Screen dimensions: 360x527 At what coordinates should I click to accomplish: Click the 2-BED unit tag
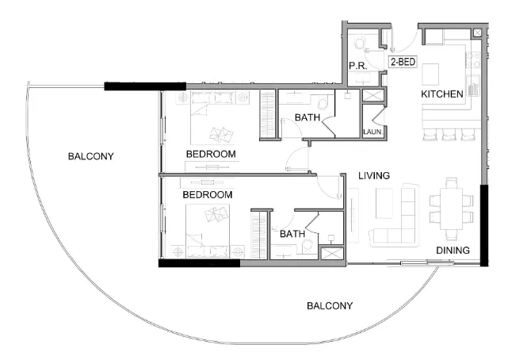coord(402,62)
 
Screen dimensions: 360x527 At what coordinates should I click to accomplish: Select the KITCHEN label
coord(441,94)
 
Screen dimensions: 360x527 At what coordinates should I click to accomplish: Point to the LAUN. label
coord(372,132)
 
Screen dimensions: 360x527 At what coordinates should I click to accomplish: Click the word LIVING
coord(373,176)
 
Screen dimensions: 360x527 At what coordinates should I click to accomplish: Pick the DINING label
coord(453,251)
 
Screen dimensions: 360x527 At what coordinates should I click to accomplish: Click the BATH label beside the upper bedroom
coord(307,118)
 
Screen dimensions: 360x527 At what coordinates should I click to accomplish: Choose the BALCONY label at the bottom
coord(330,305)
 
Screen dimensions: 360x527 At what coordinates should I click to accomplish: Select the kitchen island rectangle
coord(431,74)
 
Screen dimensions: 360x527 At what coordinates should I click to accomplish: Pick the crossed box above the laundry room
coord(372,95)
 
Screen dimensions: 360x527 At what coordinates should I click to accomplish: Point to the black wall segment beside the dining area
coord(484,227)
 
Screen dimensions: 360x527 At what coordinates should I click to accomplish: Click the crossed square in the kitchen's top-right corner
coord(477,33)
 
